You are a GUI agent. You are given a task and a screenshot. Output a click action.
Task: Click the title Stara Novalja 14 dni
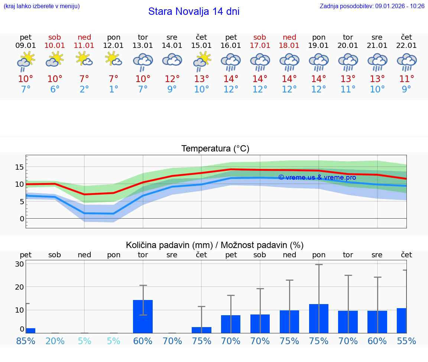(194, 12)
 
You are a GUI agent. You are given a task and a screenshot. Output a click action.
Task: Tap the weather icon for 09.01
(26, 61)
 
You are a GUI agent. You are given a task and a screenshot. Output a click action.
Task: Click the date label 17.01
(260, 46)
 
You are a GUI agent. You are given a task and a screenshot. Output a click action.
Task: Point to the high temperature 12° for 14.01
(172, 79)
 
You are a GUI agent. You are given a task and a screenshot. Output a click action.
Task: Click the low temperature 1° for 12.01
(114, 89)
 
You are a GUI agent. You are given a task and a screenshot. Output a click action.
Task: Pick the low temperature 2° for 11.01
(84, 89)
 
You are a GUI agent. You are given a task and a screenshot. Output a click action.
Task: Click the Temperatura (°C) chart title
(215, 149)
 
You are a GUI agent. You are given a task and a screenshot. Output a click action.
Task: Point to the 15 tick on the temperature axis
(19, 167)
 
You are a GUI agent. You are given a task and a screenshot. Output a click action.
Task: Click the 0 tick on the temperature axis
(22, 219)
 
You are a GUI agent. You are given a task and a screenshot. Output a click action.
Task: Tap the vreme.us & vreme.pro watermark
(317, 177)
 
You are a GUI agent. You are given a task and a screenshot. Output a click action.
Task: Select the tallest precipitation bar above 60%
(143, 316)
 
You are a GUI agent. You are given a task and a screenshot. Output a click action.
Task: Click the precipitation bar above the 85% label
(31, 330)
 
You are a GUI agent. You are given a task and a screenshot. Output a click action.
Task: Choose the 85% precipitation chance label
(26, 341)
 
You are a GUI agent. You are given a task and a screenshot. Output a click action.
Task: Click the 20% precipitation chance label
(55, 341)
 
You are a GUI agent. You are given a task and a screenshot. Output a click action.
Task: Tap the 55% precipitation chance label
(406, 341)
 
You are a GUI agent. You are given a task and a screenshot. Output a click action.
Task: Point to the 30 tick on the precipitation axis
(20, 264)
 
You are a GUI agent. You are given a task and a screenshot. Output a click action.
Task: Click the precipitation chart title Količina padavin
(215, 245)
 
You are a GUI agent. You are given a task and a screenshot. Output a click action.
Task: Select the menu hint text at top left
(42, 6)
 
